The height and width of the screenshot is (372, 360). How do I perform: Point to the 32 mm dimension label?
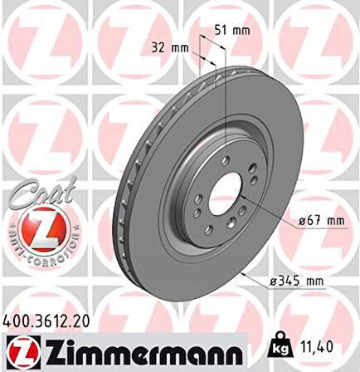click(170, 47)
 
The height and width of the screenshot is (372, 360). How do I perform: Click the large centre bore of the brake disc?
click(221, 198)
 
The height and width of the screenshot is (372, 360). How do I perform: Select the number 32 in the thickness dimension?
click(161, 47)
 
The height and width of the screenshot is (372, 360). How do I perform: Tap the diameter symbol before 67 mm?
click(294, 222)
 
